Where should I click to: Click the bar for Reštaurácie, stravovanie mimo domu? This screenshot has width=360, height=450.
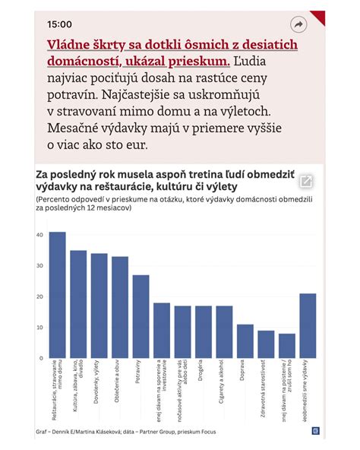(57, 295)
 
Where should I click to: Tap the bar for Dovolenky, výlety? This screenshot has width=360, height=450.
(99, 306)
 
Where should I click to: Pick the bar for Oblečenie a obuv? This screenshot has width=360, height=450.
(120, 307)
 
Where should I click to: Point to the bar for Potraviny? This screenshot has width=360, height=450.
(141, 316)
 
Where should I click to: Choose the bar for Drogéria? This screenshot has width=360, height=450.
(204, 332)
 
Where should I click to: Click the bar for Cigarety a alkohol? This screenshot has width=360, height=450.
(224, 332)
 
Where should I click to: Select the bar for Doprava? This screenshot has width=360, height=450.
(245, 341)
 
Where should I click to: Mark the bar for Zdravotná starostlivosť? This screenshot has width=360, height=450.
(266, 344)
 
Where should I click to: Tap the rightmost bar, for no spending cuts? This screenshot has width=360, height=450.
(308, 325)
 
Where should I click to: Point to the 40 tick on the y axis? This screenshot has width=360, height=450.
(39, 235)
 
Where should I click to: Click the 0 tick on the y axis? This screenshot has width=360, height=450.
(41, 358)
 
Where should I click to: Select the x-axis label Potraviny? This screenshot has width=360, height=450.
(137, 374)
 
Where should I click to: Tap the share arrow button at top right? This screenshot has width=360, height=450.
(298, 24)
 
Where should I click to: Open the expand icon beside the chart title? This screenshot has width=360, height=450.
(306, 181)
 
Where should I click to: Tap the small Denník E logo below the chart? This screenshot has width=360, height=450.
(315, 431)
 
